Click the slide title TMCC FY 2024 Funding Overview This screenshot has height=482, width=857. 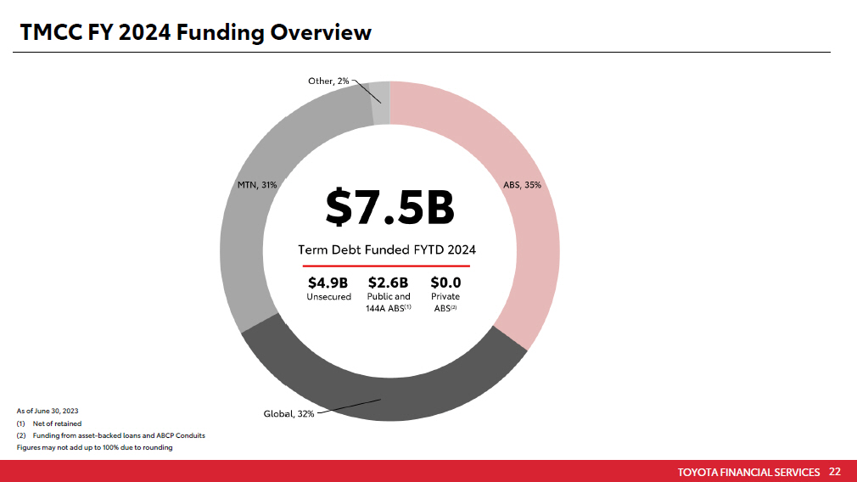pos(196,32)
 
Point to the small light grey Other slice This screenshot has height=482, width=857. pos(381,103)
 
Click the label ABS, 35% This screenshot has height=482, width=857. pos(523,184)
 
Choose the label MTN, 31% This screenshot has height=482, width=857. pos(257,184)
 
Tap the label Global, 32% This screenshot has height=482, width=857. pos(288,414)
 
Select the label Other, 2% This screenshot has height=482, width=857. pos(328,81)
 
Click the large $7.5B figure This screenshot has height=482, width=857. pos(389,209)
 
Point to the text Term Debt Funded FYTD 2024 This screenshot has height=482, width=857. pos(387,249)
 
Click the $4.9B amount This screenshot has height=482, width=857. pos(328,283)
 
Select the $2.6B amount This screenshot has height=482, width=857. pos(388,283)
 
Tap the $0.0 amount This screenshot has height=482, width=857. pos(445,283)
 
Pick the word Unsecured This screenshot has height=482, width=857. pos(328,297)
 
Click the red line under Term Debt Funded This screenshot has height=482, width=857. pos(387,266)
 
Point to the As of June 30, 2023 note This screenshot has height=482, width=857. pos(48,411)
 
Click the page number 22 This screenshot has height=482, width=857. pos(835,472)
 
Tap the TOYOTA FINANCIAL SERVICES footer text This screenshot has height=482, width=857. pos(749,472)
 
